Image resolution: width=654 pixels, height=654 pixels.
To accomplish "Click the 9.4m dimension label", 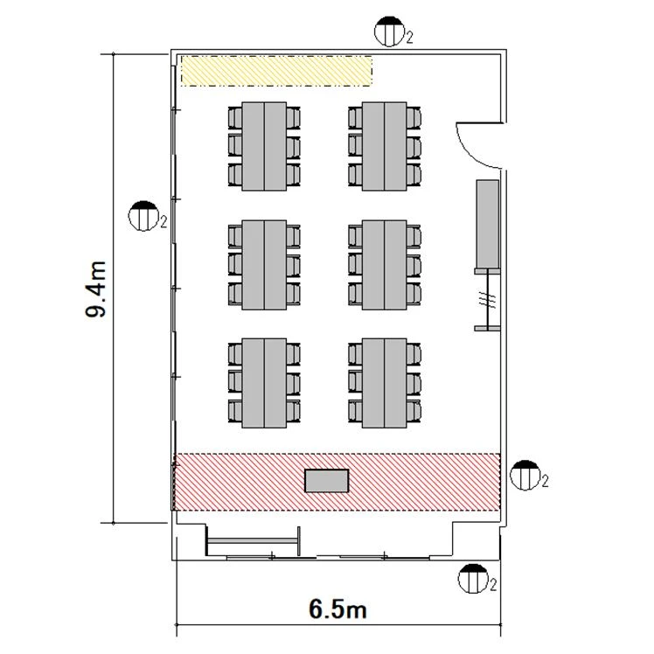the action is (95, 289).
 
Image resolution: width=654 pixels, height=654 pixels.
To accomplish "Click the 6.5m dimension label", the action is (337, 609).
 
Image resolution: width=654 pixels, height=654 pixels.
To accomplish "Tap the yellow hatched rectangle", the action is (276, 71).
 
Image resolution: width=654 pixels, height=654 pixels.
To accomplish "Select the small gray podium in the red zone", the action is (327, 481).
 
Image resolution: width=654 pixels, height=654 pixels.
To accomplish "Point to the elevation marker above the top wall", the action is (390, 31).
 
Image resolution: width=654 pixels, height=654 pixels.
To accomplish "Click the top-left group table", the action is (264, 146).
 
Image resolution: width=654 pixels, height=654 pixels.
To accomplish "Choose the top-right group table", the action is (384, 146).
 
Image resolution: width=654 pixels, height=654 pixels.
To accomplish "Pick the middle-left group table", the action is (264, 265).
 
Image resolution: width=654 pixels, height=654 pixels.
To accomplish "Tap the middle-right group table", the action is (384, 265).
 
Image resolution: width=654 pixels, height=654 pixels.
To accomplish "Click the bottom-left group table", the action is (264, 383).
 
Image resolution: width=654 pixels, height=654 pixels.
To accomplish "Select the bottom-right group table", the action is (384, 383).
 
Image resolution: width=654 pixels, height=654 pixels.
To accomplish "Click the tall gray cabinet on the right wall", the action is (488, 224).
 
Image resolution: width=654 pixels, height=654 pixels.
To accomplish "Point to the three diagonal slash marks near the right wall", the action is (487, 299).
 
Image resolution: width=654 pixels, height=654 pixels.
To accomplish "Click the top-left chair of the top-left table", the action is (235, 118).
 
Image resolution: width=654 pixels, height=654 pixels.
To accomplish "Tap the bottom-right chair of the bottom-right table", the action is (414, 411).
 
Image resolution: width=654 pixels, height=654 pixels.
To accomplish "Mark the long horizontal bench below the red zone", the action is (254, 541).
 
